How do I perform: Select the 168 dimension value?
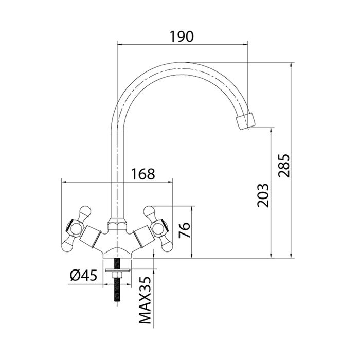[142, 174]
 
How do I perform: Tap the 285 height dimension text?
[284, 165]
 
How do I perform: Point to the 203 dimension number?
[263, 194]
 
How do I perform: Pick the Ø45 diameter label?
[83, 275]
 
